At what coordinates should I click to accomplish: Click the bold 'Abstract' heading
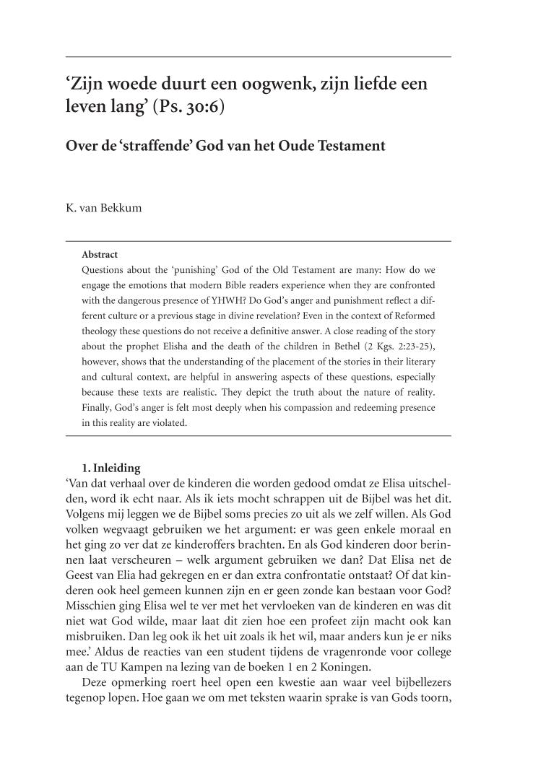(x=100, y=254)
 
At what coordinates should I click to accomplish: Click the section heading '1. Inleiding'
(x=111, y=469)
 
